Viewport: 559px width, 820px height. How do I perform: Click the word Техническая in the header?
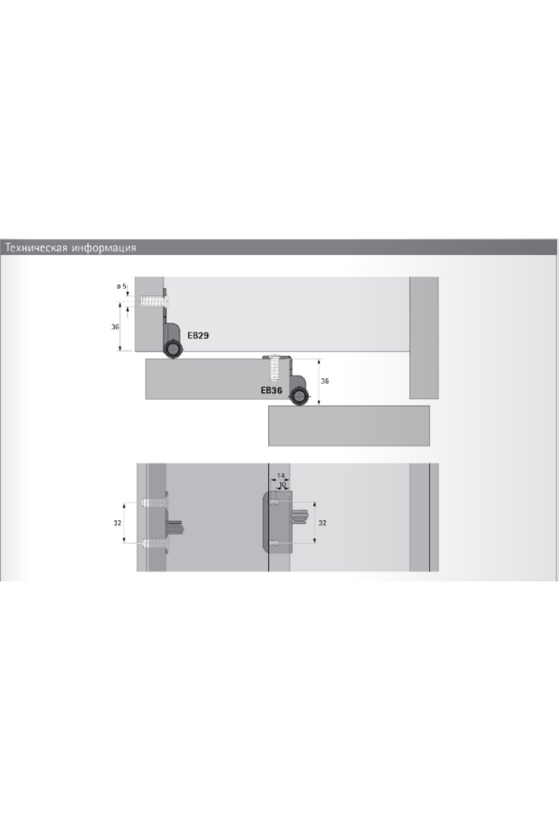click(36, 248)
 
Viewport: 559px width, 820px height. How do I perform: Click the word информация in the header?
click(104, 248)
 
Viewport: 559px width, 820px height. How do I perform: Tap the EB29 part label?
click(198, 335)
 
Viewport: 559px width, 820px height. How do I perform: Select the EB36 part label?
click(271, 390)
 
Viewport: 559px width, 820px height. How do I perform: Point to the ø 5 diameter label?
click(122, 286)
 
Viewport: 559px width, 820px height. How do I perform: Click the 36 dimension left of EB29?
click(115, 327)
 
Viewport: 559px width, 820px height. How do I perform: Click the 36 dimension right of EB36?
click(325, 381)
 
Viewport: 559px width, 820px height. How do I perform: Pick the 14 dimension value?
click(280, 476)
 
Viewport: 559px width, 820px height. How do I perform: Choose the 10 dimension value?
click(282, 485)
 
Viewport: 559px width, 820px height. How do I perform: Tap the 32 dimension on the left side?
click(117, 523)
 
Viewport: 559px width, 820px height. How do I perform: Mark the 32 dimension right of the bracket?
click(322, 523)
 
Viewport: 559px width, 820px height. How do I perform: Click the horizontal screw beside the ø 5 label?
click(154, 302)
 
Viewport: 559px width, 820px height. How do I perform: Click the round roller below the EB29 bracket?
click(173, 349)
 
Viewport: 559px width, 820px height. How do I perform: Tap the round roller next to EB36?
click(299, 397)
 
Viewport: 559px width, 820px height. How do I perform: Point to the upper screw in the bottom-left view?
click(155, 503)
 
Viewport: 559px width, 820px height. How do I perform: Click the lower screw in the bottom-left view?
click(155, 542)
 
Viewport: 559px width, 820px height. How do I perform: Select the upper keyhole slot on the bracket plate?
click(275, 503)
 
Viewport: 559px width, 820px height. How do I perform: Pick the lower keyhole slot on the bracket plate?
click(275, 542)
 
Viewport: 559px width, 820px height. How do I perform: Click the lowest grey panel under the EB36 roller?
click(349, 426)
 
